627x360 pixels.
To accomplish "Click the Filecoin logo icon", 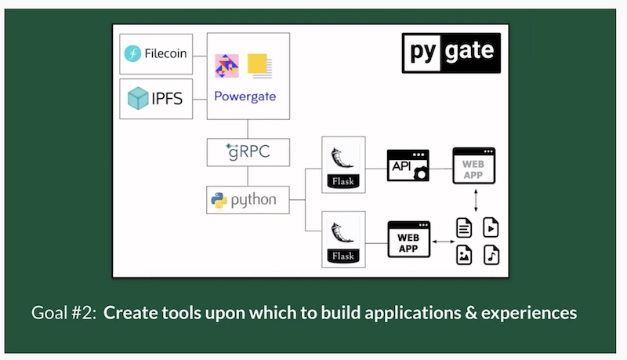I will pos(132,54).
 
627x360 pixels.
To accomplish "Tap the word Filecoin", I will pos(165,54).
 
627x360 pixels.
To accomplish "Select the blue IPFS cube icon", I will pos(138,99).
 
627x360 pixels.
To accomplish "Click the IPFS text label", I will pos(168,99).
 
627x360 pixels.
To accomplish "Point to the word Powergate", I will pos(245,96).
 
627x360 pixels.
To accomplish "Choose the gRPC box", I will pos(248,151).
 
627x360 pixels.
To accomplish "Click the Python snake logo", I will pos(219,200).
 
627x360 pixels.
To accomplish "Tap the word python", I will pos(253,200).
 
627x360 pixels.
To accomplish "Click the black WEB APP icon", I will pos(408,240).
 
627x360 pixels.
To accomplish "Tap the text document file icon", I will pos(465,228).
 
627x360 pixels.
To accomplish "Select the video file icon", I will pos(491,228).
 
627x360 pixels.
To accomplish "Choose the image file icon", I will pos(465,255).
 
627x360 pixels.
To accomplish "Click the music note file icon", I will pos(491,255).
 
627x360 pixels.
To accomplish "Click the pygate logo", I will pos(450,53).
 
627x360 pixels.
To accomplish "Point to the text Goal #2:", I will pos(64,313).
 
